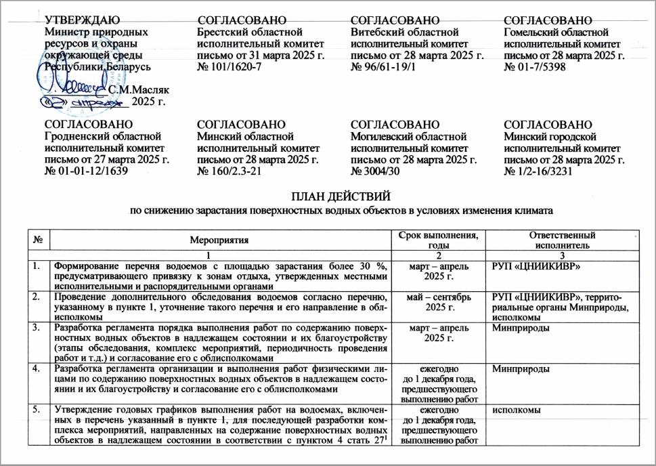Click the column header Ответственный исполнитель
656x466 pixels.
coord(566,240)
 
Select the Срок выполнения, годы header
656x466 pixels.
coord(438,240)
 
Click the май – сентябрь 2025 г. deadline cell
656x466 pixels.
coord(438,303)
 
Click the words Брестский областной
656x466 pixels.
coord(248,32)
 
